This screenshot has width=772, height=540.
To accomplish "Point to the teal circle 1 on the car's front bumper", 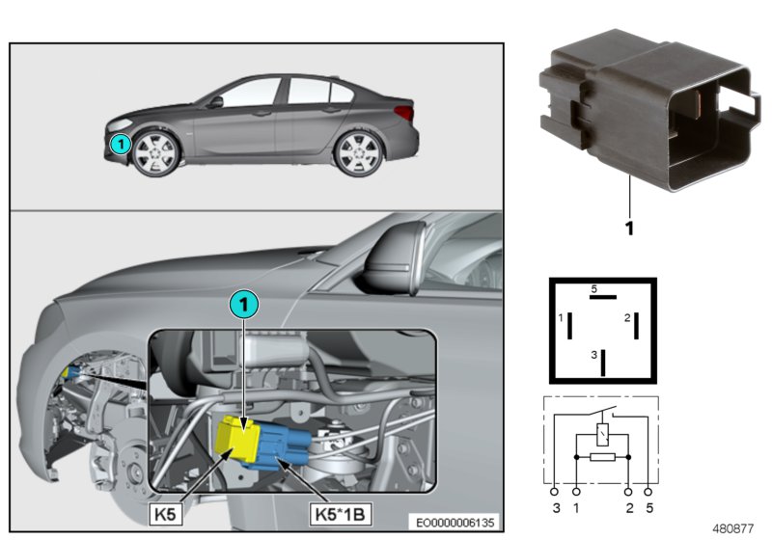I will pyautogui.click(x=118, y=145).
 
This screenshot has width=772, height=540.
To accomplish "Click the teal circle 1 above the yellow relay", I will pyautogui.click(x=244, y=304).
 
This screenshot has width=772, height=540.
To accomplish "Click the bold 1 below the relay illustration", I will pyautogui.click(x=629, y=230).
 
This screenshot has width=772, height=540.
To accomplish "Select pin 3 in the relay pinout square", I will pyautogui.click(x=604, y=362).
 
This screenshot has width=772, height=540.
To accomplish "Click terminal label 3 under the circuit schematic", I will pyautogui.click(x=555, y=506).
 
